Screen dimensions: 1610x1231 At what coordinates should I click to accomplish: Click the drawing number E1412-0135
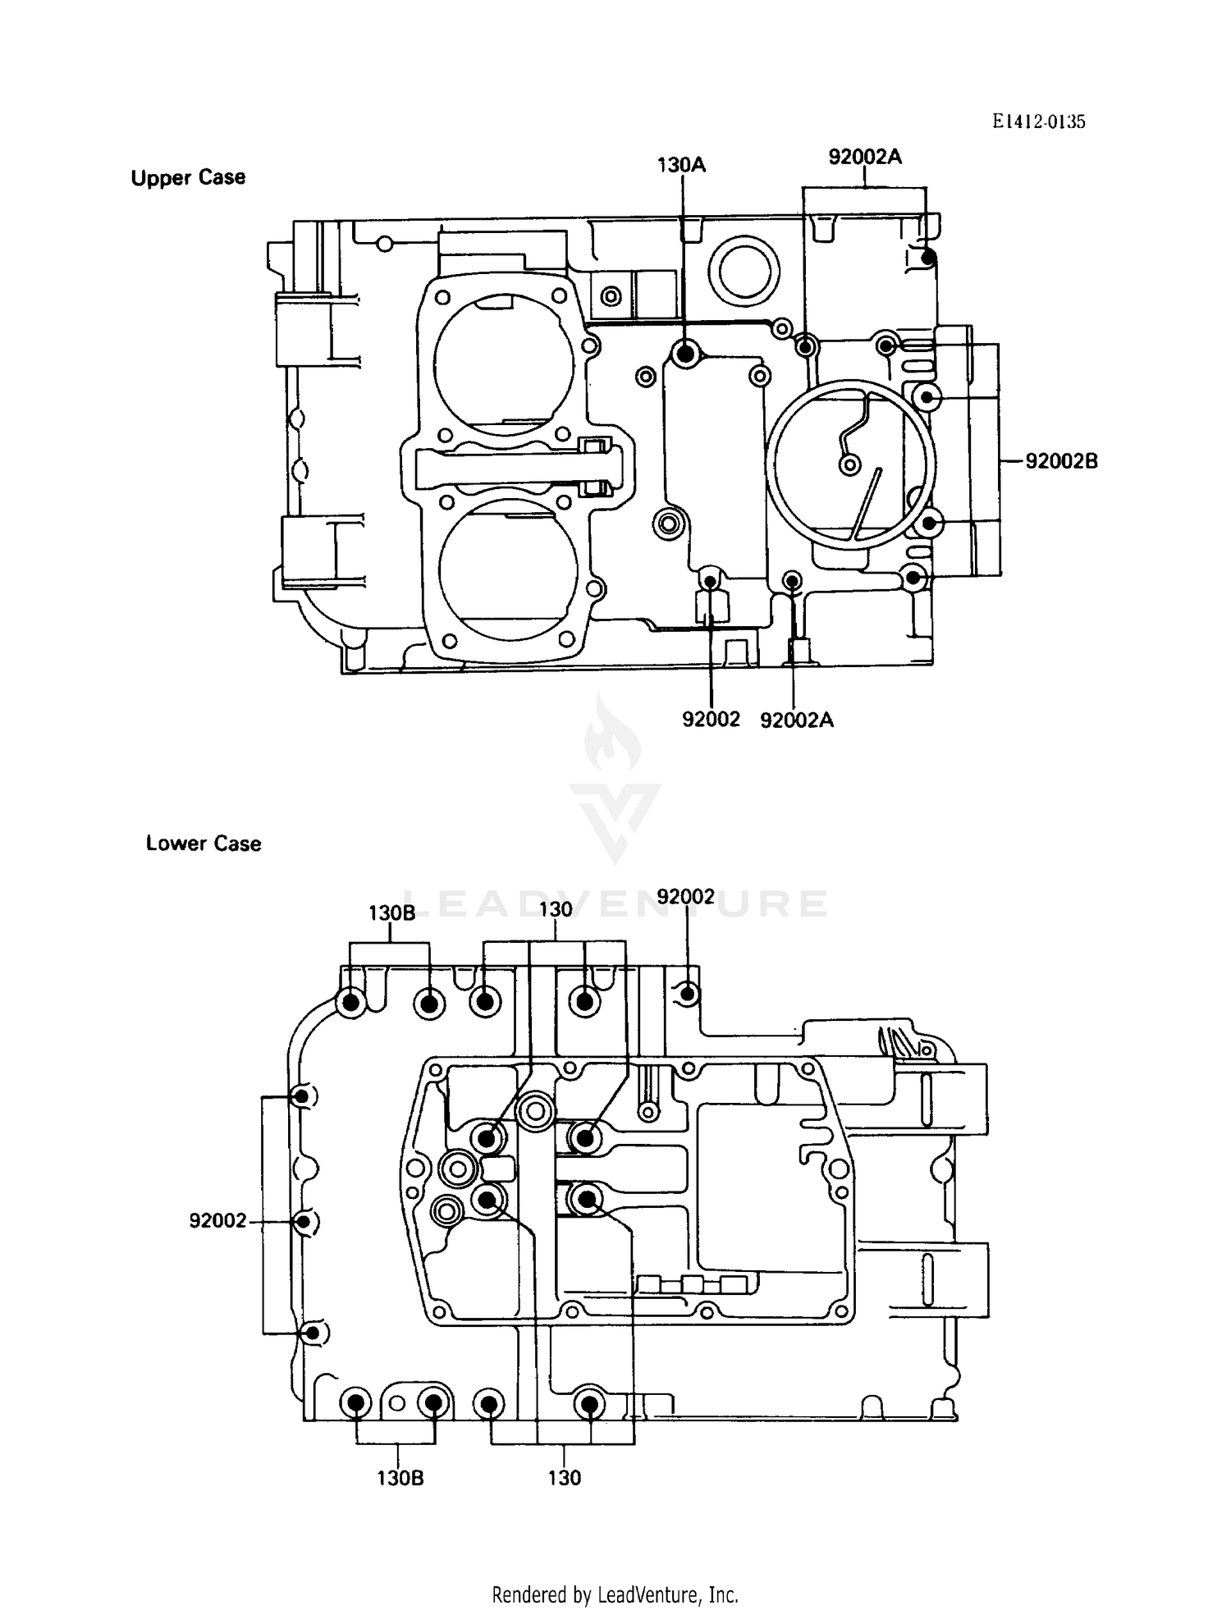point(1037,121)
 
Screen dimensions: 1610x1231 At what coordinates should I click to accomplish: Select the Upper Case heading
point(188,177)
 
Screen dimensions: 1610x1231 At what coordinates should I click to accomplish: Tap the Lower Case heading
point(203,843)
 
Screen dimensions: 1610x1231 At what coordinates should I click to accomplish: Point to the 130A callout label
point(681,165)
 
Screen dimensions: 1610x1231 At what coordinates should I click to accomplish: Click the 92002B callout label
point(1061,461)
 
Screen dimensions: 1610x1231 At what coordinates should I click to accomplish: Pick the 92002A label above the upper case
point(864,157)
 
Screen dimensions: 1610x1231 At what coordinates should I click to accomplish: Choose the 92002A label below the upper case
point(796,720)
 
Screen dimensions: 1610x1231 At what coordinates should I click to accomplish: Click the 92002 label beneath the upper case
point(711,719)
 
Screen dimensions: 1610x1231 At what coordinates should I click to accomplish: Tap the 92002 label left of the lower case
point(217,1221)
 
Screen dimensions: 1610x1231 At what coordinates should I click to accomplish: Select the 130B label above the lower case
point(391,913)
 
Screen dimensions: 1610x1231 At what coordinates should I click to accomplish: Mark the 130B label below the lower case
point(400,1478)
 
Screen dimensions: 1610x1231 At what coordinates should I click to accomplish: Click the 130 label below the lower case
point(564,1478)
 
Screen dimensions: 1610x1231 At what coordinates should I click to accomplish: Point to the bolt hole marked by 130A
point(684,354)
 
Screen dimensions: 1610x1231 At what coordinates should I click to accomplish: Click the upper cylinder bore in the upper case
point(504,366)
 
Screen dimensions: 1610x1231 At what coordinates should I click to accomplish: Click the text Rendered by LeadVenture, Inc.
point(615,1594)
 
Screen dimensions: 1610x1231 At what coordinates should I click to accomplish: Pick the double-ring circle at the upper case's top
point(744,268)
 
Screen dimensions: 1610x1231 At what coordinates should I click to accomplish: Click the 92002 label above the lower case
point(686,896)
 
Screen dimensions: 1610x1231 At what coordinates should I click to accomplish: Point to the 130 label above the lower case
point(556,909)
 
